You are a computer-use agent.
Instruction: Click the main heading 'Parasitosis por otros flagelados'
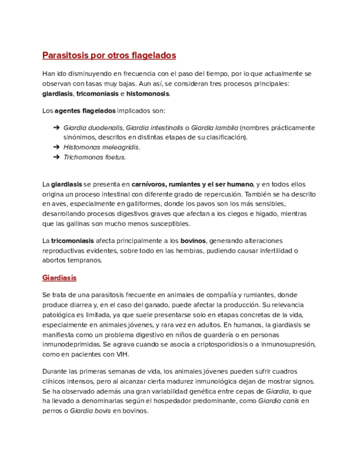(x=109, y=56)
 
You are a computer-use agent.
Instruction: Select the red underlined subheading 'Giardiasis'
(x=59, y=278)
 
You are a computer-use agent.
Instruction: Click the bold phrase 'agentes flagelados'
(x=85, y=110)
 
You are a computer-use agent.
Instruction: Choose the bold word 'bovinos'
(x=193, y=241)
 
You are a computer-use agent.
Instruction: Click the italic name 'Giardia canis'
(x=278, y=401)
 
